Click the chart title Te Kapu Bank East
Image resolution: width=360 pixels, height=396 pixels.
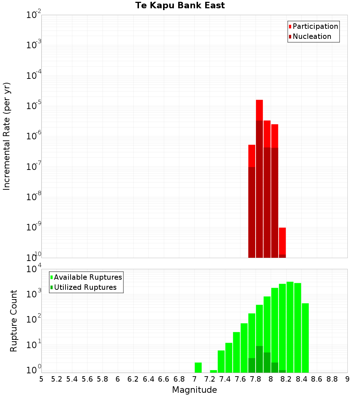pyautogui.click(x=180, y=5)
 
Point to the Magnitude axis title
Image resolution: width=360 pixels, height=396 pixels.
pyautogui.click(x=194, y=390)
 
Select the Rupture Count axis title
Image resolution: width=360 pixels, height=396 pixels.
pyautogui.click(x=14, y=321)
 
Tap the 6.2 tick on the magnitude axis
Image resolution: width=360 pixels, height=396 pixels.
pyautogui.click(x=133, y=379)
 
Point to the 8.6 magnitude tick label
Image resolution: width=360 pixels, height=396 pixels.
pyautogui.click(x=317, y=379)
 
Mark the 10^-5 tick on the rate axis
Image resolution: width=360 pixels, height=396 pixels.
pyautogui.click(x=34, y=105)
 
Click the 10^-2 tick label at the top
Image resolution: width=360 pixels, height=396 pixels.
pyautogui.click(x=34, y=15)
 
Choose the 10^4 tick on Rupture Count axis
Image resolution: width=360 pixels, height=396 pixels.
pyautogui.click(x=34, y=269)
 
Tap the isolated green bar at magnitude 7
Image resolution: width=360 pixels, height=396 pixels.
pyautogui.click(x=198, y=367)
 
